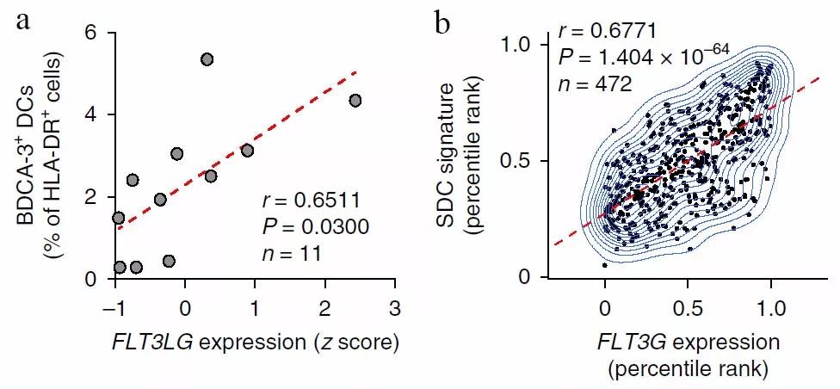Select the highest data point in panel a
pyautogui.click(x=207, y=59)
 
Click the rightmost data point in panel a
pyautogui.click(x=355, y=101)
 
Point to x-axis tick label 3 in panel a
pyautogui.click(x=395, y=308)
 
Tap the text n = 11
pyautogui.click(x=291, y=254)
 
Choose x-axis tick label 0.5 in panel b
pyautogui.click(x=689, y=308)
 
